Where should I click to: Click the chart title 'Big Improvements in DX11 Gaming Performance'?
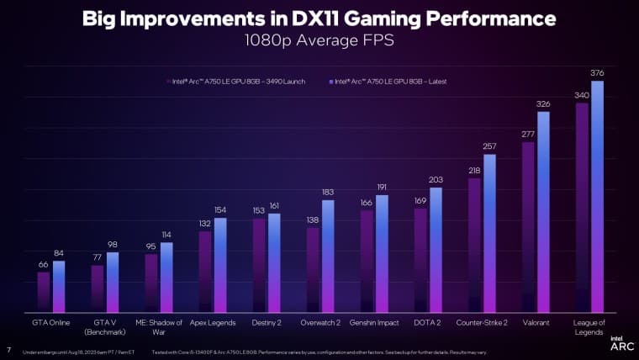tap(319, 19)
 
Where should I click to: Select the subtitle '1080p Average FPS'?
tap(319, 39)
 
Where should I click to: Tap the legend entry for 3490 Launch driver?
tap(236, 82)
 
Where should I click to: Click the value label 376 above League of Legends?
tap(597, 73)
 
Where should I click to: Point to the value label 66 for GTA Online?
tap(43, 264)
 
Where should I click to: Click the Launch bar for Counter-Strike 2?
tap(474, 245)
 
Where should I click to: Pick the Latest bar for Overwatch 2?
tap(328, 256)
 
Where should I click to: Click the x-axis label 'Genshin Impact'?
tap(374, 322)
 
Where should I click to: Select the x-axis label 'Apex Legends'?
tap(212, 322)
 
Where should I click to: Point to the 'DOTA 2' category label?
tap(428, 322)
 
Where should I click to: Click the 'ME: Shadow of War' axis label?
tap(158, 326)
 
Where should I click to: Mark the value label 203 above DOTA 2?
tap(436, 179)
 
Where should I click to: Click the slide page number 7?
tap(8, 351)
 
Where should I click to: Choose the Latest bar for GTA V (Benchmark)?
tap(113, 282)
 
